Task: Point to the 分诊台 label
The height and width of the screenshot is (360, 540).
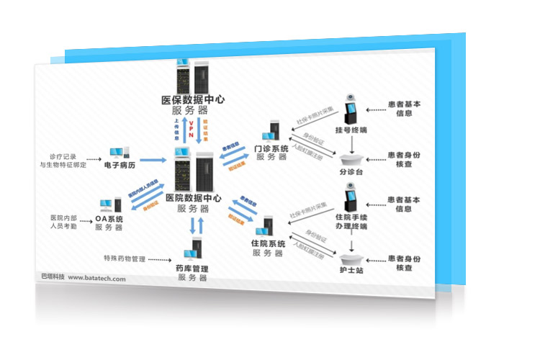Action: (351, 173)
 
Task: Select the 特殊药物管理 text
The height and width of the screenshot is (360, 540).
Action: (124, 258)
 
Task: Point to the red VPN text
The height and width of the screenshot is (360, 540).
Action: (191, 130)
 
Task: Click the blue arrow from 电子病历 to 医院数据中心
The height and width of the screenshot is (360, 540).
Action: (153, 160)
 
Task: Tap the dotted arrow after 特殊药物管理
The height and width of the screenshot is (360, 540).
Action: (163, 258)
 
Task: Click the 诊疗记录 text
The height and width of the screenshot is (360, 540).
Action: (63, 155)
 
